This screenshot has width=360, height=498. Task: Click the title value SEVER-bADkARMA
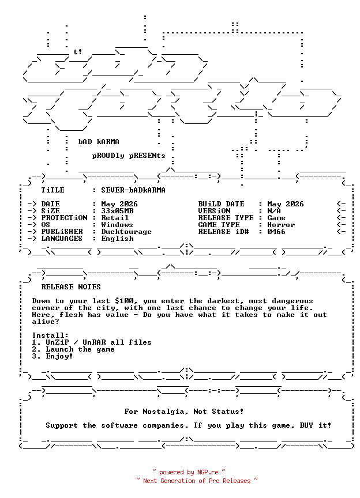[x=133, y=190]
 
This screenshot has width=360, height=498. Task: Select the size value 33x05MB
[x=117, y=211]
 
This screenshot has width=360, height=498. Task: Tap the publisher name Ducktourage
[x=126, y=232]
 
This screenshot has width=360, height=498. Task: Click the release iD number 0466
[x=276, y=232]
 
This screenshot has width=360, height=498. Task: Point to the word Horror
[x=281, y=225]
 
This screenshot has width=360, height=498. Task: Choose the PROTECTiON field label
[x=64, y=218]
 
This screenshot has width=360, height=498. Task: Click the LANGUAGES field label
[x=62, y=239]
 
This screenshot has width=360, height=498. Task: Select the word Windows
[x=117, y=225]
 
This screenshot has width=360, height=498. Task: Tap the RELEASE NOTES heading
[x=71, y=287]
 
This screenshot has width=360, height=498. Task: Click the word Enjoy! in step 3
[x=59, y=356]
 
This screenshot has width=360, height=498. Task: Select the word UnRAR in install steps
[x=94, y=342]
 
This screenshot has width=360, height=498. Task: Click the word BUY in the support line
[x=306, y=425]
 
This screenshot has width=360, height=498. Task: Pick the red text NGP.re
[x=208, y=472]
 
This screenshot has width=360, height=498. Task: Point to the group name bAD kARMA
[x=99, y=142]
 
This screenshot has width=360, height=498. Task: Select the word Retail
[x=115, y=218]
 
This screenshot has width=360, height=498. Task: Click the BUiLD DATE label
[x=222, y=204]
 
